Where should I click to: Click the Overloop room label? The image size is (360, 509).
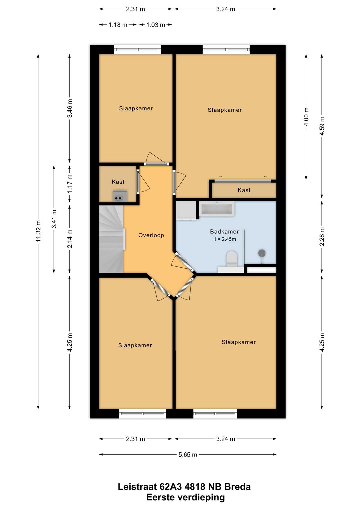(151, 235)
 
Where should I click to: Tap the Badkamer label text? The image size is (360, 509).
(224, 232)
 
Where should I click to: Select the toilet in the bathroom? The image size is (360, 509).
(231, 259)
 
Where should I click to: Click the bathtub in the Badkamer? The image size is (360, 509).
(217, 208)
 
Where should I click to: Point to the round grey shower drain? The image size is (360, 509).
(262, 253)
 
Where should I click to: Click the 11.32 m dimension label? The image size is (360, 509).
(38, 231)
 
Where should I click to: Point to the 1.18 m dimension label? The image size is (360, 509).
(118, 25)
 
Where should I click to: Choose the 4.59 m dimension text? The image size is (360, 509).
(322, 126)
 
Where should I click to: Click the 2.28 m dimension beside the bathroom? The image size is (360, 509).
(322, 236)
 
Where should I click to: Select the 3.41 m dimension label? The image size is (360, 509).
(54, 219)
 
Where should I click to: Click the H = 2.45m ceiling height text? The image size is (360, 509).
(224, 239)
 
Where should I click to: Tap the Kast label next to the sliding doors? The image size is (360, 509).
(244, 190)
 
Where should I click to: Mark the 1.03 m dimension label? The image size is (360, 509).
(156, 25)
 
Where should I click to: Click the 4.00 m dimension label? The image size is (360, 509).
(306, 117)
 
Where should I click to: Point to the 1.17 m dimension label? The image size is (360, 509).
(70, 183)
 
